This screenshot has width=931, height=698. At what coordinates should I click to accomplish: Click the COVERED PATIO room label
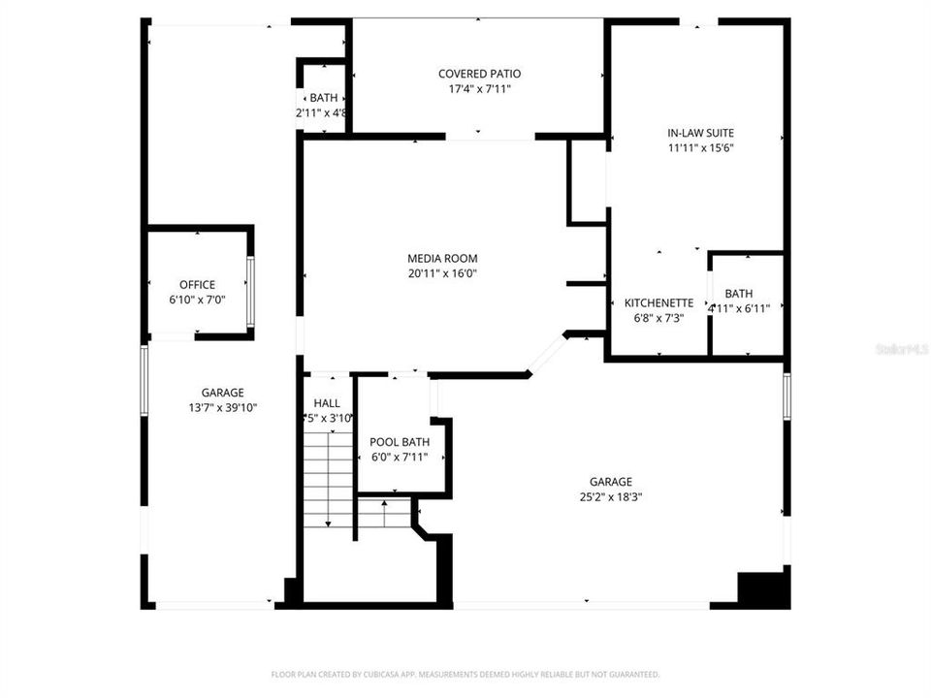(x=479, y=74)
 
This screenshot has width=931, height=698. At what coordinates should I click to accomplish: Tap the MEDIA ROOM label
(x=442, y=258)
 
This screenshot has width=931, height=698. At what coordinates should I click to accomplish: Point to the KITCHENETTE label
(x=658, y=302)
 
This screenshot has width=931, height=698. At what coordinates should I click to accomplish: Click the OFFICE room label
(x=197, y=284)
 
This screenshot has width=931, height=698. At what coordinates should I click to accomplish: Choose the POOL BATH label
(x=400, y=442)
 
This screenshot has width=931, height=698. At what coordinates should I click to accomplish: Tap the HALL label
(x=327, y=403)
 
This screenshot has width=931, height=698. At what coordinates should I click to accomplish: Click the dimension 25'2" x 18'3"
(x=611, y=496)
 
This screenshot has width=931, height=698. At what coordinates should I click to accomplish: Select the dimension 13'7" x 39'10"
(x=222, y=407)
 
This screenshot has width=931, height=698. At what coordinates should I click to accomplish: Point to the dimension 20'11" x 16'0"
(x=442, y=273)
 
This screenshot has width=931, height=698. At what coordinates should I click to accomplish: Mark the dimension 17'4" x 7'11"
(x=479, y=89)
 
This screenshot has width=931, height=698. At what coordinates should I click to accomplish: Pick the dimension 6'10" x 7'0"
(x=197, y=300)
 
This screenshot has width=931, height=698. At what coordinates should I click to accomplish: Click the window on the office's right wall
(x=250, y=291)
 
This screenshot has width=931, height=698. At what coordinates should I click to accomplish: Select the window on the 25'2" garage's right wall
(x=787, y=398)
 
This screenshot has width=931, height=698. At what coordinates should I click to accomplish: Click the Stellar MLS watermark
(x=902, y=346)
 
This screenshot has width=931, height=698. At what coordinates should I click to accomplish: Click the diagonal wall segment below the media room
(x=547, y=354)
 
